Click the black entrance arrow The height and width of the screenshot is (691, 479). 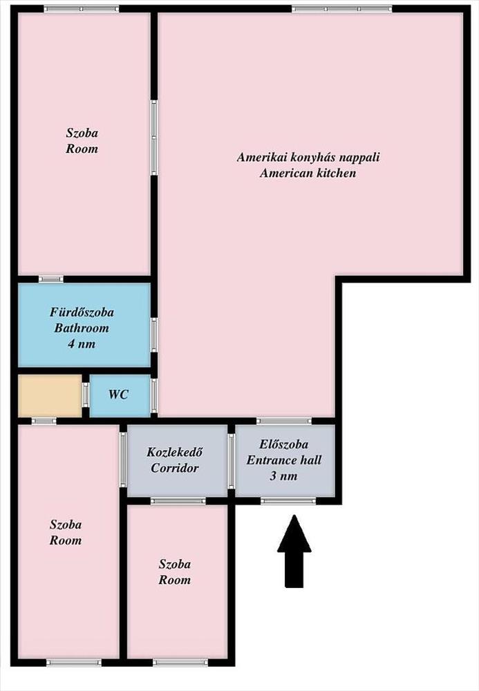pyautogui.click(x=294, y=551)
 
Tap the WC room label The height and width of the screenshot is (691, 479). pyautogui.click(x=118, y=395)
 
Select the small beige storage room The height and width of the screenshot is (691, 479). pyautogui.click(x=50, y=395)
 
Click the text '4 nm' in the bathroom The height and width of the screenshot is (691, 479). pyautogui.click(x=82, y=344)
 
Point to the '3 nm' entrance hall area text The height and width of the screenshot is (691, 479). pyautogui.click(x=284, y=476)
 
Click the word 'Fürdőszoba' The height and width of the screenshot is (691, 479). pyautogui.click(x=82, y=312)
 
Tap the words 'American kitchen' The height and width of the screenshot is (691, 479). pyautogui.click(x=308, y=173)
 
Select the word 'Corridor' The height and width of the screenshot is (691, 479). pyautogui.click(x=175, y=468)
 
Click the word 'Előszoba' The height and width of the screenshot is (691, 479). pyautogui.click(x=284, y=444)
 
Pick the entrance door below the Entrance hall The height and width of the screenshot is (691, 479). pyautogui.click(x=288, y=500)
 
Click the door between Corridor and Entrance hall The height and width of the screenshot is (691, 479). pyautogui.click(x=231, y=462)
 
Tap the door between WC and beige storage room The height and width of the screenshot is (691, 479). pyautogui.click(x=86, y=395)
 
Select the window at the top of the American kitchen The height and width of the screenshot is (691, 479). pyautogui.click(x=342, y=8)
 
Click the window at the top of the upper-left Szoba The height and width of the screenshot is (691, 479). pyautogui.click(x=82, y=8)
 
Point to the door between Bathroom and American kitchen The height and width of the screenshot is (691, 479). pyautogui.click(x=153, y=335)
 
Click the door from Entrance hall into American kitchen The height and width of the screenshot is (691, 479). pyautogui.click(x=284, y=421)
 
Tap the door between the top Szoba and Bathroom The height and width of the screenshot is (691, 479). pyautogui.click(x=50, y=279)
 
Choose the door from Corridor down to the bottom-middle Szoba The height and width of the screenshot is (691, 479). pyautogui.click(x=178, y=500)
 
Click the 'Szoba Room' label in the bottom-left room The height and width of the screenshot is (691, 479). pyautogui.click(x=65, y=533)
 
